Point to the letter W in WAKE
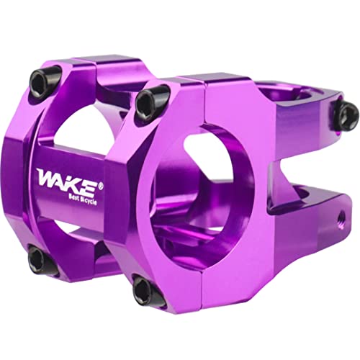[45, 175]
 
